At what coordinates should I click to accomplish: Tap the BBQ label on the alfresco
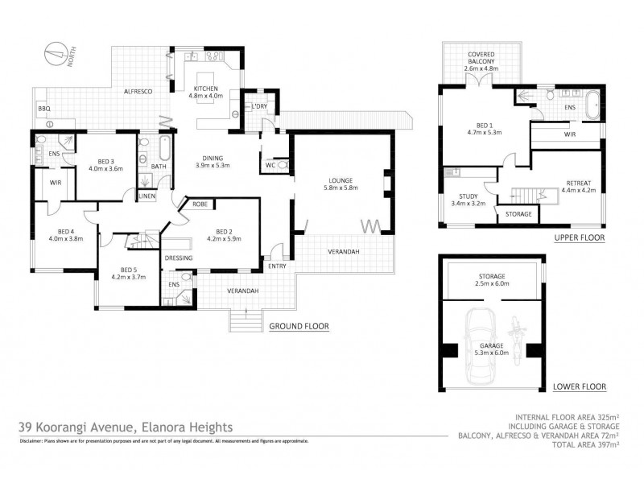pos(43,108)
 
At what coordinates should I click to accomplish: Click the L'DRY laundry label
pos(259,107)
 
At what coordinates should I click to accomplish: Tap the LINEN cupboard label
pos(147,196)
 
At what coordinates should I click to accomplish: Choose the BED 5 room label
pos(127,273)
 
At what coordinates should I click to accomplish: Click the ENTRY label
pos(277,266)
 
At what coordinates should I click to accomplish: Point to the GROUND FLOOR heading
pos(299,327)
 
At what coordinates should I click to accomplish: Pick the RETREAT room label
pos(578,186)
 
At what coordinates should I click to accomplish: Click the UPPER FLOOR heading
pos(579,239)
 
